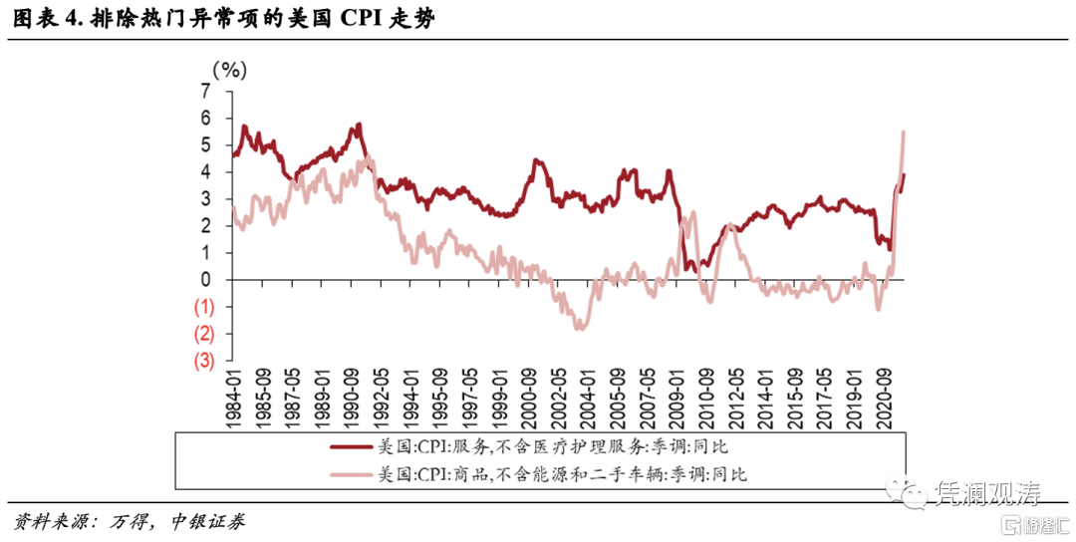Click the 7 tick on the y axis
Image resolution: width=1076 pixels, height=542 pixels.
tap(206, 91)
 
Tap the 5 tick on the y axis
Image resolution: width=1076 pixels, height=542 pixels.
tap(206, 144)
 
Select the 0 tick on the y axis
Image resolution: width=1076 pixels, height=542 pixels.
tap(206, 279)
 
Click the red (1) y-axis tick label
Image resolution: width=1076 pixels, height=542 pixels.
tap(203, 306)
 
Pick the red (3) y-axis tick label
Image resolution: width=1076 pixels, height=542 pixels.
tap(203, 360)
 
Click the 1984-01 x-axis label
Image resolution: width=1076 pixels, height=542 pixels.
tap(235, 396)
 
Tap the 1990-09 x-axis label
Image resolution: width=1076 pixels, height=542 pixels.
tap(353, 396)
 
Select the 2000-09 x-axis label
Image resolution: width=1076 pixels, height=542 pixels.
tap(530, 396)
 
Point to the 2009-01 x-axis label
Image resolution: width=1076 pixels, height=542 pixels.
tap(677, 396)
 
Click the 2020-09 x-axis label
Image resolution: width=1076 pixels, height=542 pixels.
tap(884, 396)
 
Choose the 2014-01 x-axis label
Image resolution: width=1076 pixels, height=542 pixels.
tap(765, 396)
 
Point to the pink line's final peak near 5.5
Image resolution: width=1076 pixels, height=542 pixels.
tap(903, 133)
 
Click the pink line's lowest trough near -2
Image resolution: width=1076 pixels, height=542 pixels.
tap(577, 328)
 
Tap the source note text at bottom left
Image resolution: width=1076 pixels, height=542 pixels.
tap(130, 521)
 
